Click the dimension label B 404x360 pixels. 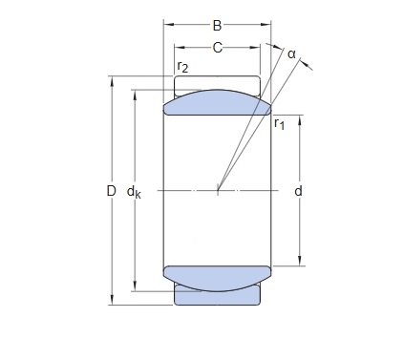point(217,26)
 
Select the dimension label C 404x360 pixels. point(217,48)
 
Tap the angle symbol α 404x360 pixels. point(291,54)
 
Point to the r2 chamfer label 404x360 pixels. point(182,67)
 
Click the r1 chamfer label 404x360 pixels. point(279,123)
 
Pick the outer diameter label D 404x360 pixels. point(111,191)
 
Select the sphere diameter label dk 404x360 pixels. point(134,192)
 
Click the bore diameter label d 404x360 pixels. point(298,191)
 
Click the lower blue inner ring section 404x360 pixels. point(217,277)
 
